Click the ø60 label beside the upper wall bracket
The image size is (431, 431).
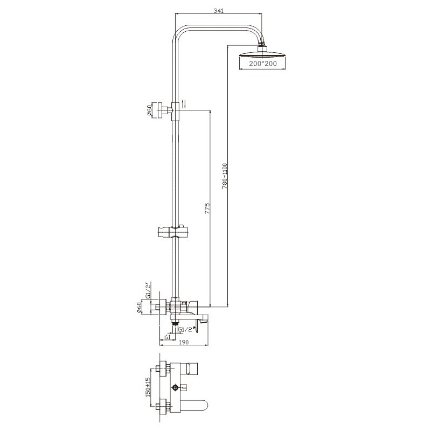[x=148, y=112]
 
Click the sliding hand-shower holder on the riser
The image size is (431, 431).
[x=172, y=232]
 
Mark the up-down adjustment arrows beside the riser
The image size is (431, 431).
[x=183, y=104]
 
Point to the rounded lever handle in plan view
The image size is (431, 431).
[x=196, y=405]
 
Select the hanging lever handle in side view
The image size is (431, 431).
[x=200, y=324]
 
